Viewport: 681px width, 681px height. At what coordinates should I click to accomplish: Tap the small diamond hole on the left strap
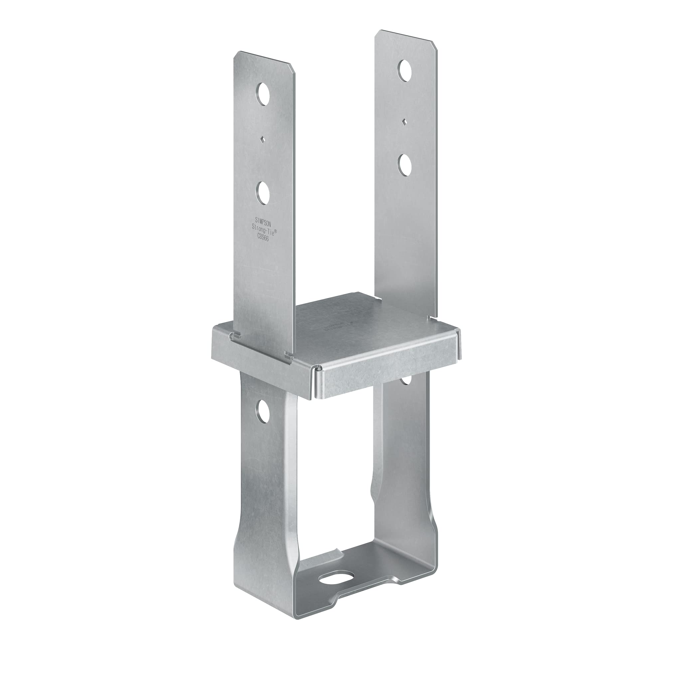click(x=263, y=140)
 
